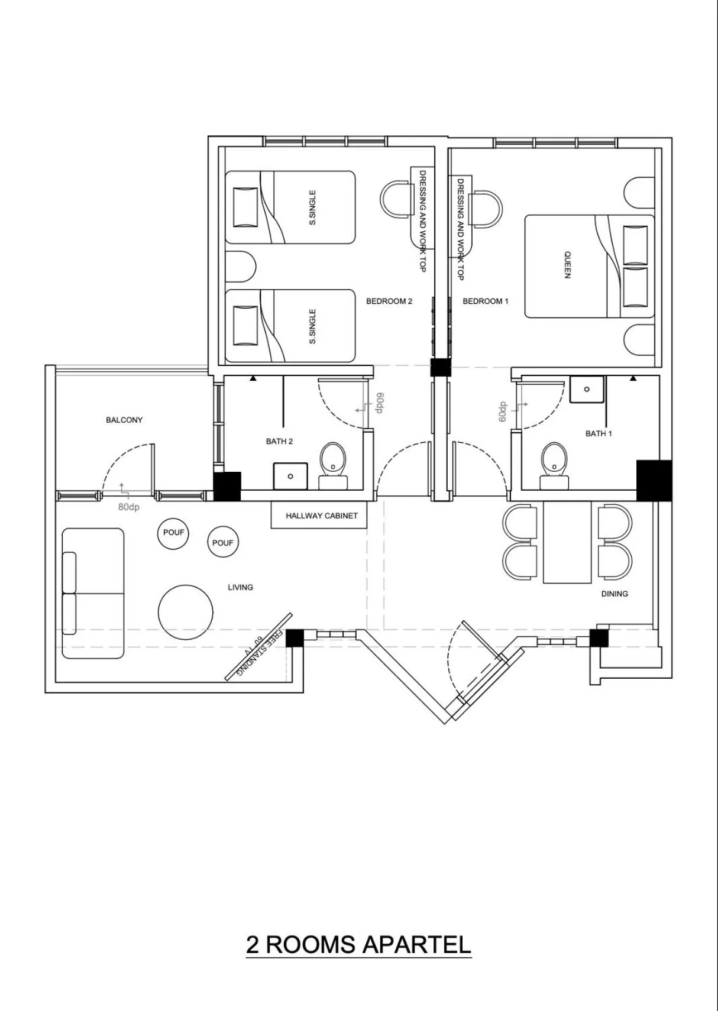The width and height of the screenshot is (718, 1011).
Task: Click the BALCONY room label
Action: click(x=124, y=420)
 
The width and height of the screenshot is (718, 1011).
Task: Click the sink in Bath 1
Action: click(x=587, y=389)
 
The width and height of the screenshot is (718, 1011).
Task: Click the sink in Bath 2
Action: click(x=290, y=476)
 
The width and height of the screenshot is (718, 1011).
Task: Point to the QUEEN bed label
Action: click(x=567, y=265)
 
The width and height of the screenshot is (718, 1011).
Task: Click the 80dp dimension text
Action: click(x=128, y=507)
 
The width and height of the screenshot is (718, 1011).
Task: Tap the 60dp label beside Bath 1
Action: click(x=503, y=412)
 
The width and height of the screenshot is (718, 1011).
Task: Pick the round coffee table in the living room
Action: click(x=186, y=612)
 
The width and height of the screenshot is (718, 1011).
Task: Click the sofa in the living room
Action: click(x=93, y=593)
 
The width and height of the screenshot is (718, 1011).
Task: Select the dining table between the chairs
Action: click(x=567, y=542)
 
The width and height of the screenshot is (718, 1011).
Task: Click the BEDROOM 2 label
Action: click(x=389, y=301)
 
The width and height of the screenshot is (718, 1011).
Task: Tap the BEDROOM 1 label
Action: click(x=485, y=301)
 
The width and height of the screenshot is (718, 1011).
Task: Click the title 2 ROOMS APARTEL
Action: click(x=358, y=944)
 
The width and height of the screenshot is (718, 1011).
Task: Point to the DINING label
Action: click(x=614, y=594)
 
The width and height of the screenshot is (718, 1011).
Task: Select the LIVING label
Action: click(x=240, y=587)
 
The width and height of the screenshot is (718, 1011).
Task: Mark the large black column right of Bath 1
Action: click(x=654, y=480)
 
